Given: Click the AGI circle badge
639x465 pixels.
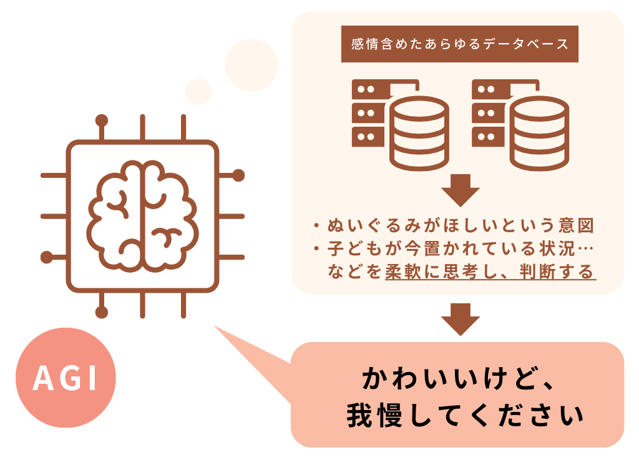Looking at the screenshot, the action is [x=66, y=377].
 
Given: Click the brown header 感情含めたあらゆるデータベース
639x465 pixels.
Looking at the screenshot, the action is [x=459, y=44].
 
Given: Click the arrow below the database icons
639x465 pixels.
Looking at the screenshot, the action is [x=460, y=190].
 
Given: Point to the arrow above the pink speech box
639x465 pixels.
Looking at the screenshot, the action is [x=460, y=319].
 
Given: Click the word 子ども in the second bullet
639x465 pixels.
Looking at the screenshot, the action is [x=352, y=249].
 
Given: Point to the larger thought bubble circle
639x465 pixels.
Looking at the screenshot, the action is [x=251, y=65].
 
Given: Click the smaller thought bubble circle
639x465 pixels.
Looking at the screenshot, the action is [x=198, y=92].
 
